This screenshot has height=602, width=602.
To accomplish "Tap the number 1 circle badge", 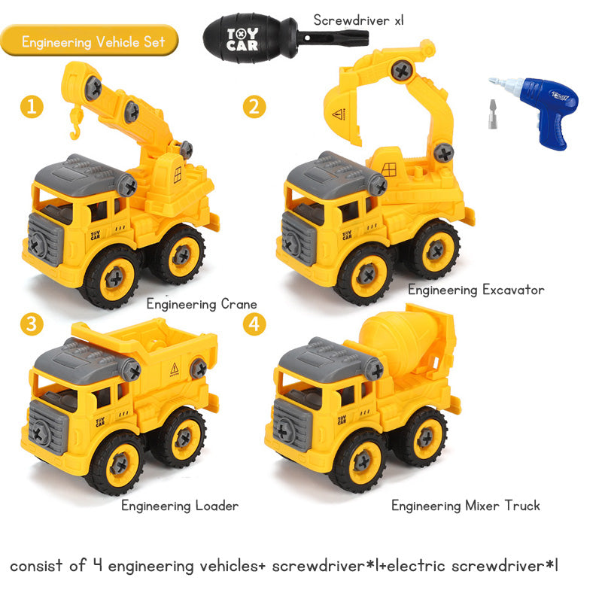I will [30, 106].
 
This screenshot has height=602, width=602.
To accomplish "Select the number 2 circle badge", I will [254, 106].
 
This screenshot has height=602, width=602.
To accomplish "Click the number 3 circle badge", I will [30, 324].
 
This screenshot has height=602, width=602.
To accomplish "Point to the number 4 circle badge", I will [254, 324].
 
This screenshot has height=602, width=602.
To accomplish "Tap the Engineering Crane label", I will [202, 305].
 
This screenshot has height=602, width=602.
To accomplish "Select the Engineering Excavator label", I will [476, 290].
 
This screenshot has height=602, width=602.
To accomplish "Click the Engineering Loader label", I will [180, 506].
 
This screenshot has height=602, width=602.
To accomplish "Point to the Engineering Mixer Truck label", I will [465, 506].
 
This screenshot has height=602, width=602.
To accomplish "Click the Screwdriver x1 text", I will [358, 20].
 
